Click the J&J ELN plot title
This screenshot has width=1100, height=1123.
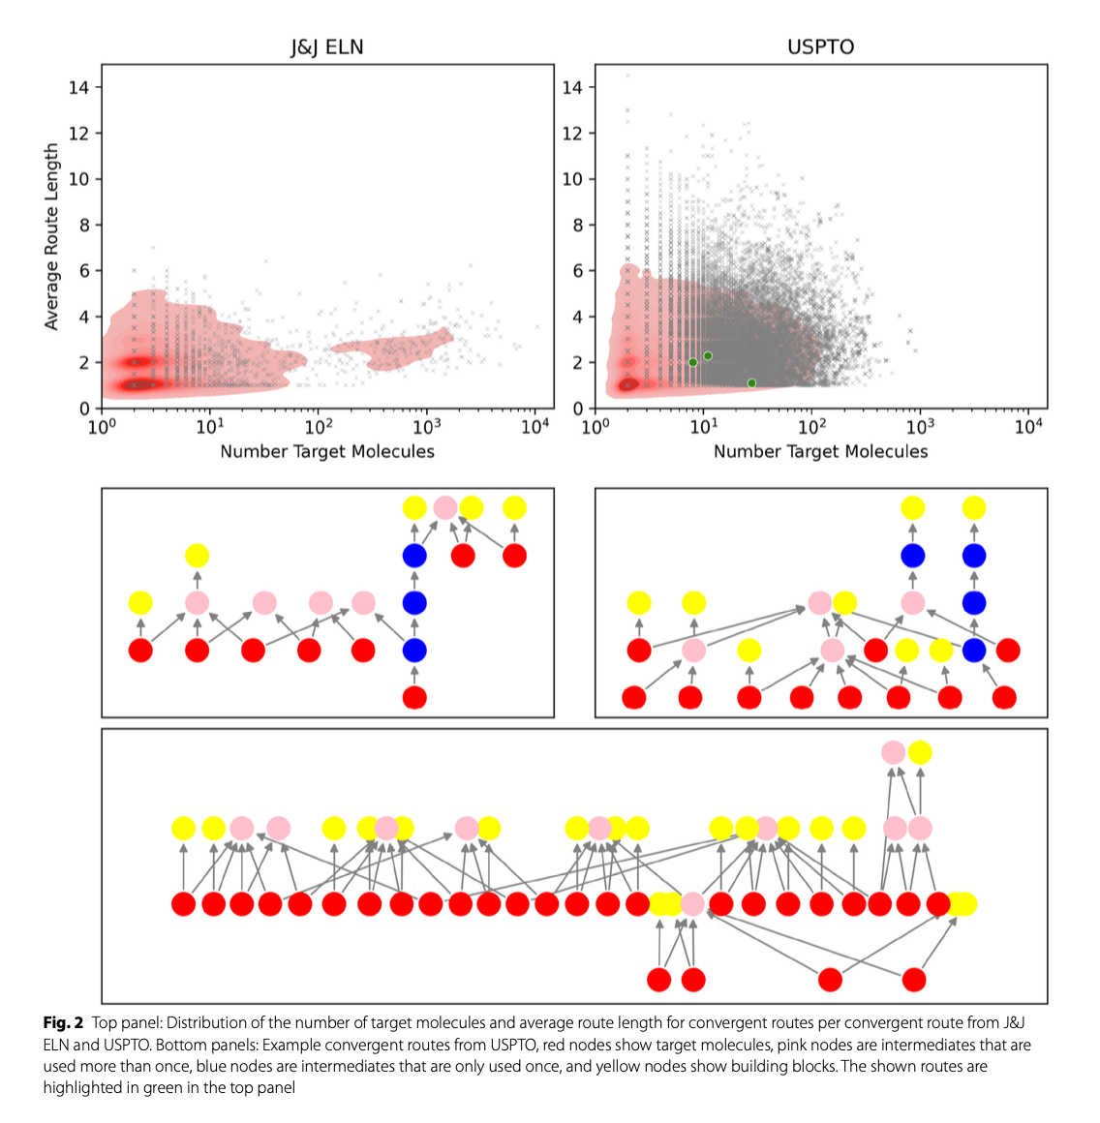(327, 46)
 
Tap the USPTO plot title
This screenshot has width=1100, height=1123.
(820, 46)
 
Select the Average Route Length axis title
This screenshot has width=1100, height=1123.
(51, 237)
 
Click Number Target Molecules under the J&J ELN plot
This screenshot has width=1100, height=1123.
(327, 451)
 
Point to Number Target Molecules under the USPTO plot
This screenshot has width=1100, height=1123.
(820, 451)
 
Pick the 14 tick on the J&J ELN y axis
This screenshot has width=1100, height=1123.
(78, 87)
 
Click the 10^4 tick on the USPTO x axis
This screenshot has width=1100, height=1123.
(1027, 427)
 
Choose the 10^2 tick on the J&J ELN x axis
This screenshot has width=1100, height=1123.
(319, 427)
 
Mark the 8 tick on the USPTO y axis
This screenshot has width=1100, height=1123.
(572, 225)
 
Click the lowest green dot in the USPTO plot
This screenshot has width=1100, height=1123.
(751, 383)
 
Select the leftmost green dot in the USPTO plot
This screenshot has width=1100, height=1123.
(692, 362)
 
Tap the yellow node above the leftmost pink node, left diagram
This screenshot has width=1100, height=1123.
(197, 556)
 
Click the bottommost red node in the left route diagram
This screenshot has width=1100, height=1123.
(414, 697)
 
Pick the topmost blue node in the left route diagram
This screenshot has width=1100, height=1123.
(414, 556)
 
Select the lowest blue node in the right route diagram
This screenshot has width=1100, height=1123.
(974, 651)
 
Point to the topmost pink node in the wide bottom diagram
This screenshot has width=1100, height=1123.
(894, 752)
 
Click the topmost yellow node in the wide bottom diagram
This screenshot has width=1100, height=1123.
(920, 752)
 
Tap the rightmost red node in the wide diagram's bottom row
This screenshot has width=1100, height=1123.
(913, 980)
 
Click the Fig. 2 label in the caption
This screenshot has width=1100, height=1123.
(63, 1023)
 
